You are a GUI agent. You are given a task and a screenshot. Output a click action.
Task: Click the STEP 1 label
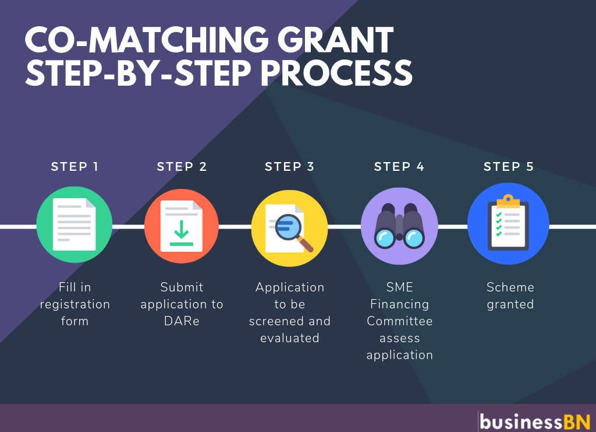coord(74,167)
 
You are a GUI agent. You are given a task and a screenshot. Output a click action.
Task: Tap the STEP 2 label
coord(182,167)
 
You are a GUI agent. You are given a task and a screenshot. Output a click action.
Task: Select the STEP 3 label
coord(289,167)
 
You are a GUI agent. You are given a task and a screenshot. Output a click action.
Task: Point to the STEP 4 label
coord(399,167)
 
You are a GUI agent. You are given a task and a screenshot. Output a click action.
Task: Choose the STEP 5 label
coord(509,167)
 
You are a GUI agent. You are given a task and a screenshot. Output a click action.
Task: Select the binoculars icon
coord(399,227)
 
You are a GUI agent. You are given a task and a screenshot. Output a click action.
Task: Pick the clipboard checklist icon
coord(508,225)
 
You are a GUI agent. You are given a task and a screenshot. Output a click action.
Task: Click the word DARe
coord(181,321)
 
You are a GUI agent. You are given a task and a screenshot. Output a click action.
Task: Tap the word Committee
coord(399,321)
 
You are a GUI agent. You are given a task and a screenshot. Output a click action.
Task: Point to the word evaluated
coord(289,338)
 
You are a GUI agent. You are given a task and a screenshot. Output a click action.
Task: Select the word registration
coord(74,304)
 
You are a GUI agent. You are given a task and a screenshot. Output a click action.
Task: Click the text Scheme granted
coord(510,296)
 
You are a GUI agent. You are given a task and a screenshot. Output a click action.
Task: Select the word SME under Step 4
coord(399,287)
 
